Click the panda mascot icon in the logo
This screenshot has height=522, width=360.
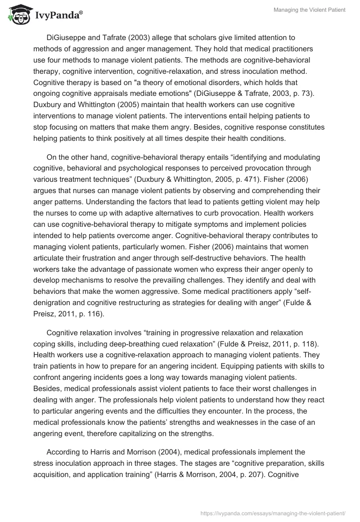17,15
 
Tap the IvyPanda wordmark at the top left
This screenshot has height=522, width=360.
58,16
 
